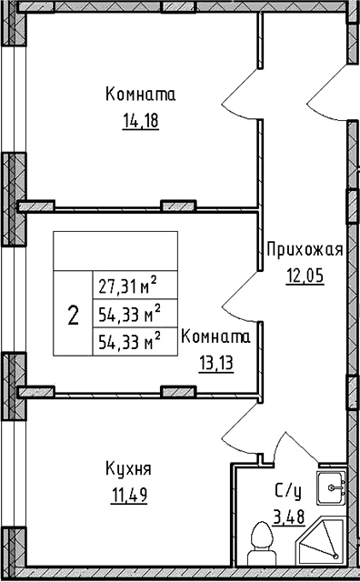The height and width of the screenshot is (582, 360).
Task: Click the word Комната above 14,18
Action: pyautogui.click(x=140, y=95)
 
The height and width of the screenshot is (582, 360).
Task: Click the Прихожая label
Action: pyautogui.click(x=304, y=250)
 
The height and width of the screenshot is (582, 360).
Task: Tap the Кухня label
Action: pyautogui.click(x=128, y=470)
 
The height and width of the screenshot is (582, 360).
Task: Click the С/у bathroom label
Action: pyautogui.click(x=288, y=491)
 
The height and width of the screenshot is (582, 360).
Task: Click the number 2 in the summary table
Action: pyautogui.click(x=73, y=316)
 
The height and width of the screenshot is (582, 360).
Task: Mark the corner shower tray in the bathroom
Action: pyautogui.click(x=325, y=546)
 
